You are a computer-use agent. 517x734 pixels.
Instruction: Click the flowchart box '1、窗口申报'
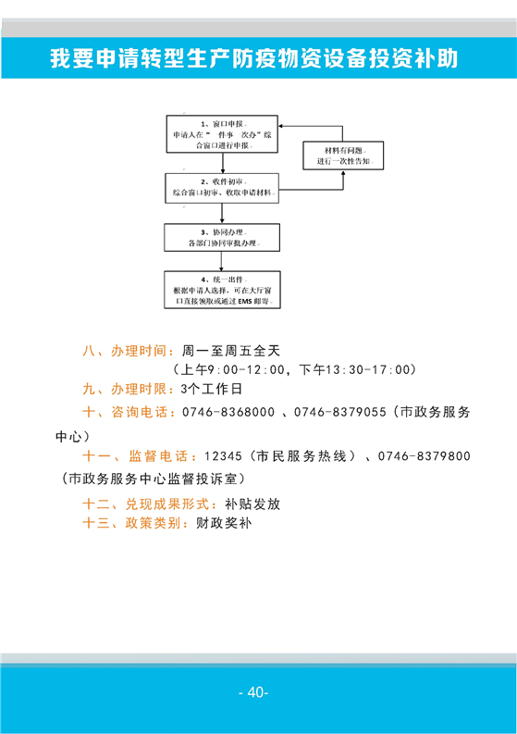pos(222,134)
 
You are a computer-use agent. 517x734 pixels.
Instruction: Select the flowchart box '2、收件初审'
pos(222,188)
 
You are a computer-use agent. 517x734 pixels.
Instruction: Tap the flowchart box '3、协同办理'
pos(222,238)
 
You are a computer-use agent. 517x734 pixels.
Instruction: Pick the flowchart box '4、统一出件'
pos(222,290)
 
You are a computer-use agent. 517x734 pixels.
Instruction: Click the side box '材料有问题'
pos(343,156)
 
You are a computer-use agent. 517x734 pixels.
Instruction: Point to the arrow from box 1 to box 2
pos(223,163)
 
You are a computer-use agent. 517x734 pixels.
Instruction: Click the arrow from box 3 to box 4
pos(221,261)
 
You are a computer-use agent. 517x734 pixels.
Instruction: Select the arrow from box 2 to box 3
pos(222,214)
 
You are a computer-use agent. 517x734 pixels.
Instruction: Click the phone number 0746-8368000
pos(228,412)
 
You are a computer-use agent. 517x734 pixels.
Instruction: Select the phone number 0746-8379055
pos(340,412)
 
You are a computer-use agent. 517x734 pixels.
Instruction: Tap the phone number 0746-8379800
pos(424,456)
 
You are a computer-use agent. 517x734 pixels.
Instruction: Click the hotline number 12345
pos(223,456)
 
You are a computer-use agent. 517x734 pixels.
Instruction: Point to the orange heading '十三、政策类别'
pos(132,523)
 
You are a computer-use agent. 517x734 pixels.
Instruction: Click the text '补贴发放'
pos(252,504)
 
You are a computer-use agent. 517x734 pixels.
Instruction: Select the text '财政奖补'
pos(224,523)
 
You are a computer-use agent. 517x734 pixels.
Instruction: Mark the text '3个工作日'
pos(212,389)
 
